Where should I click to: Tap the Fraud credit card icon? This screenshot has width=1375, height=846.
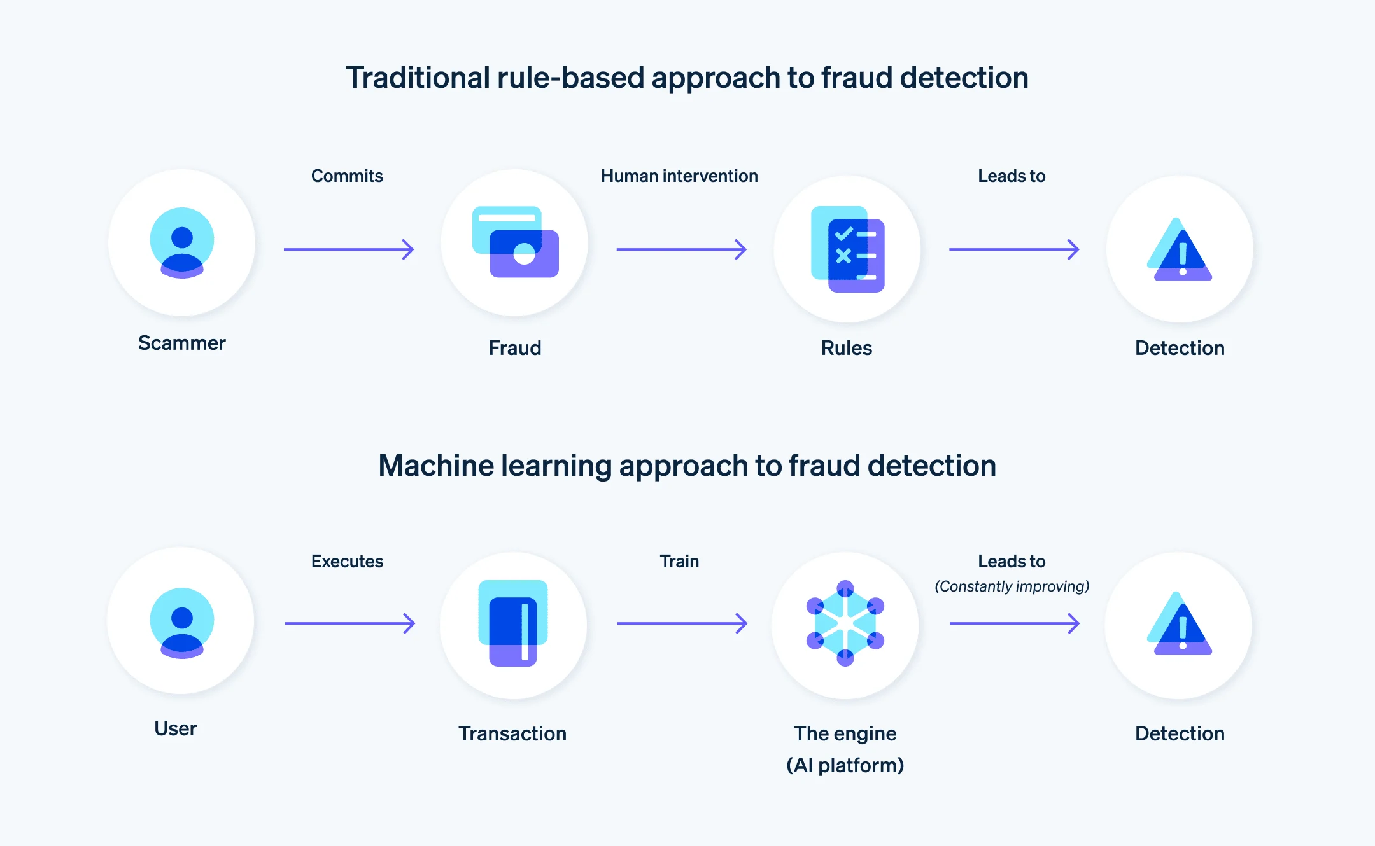point(516,242)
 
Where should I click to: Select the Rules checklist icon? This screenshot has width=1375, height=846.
point(847,249)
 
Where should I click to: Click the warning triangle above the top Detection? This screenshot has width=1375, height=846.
point(1180,251)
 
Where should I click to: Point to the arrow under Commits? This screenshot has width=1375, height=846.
point(349,249)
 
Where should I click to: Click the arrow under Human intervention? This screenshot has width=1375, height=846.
point(681,249)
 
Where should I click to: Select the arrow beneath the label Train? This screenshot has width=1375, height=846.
point(682,623)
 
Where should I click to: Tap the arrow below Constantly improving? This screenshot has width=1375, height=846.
point(1014,623)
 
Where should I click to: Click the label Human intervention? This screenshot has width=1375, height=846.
point(679,176)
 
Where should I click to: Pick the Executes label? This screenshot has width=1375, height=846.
point(347,562)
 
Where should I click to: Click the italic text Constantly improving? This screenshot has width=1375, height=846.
point(1012,586)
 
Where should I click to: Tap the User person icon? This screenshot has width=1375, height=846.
point(182,623)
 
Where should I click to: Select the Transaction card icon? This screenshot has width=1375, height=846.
point(513,623)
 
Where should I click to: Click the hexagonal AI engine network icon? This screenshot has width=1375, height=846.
point(845,623)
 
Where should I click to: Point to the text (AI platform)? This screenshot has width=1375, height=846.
point(845,765)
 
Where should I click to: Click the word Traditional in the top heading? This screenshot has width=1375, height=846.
point(418,78)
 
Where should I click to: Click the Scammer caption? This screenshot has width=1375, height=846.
point(182,343)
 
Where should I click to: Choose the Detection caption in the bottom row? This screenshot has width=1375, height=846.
point(1180,734)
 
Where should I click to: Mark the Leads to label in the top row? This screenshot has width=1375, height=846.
point(1012,176)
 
